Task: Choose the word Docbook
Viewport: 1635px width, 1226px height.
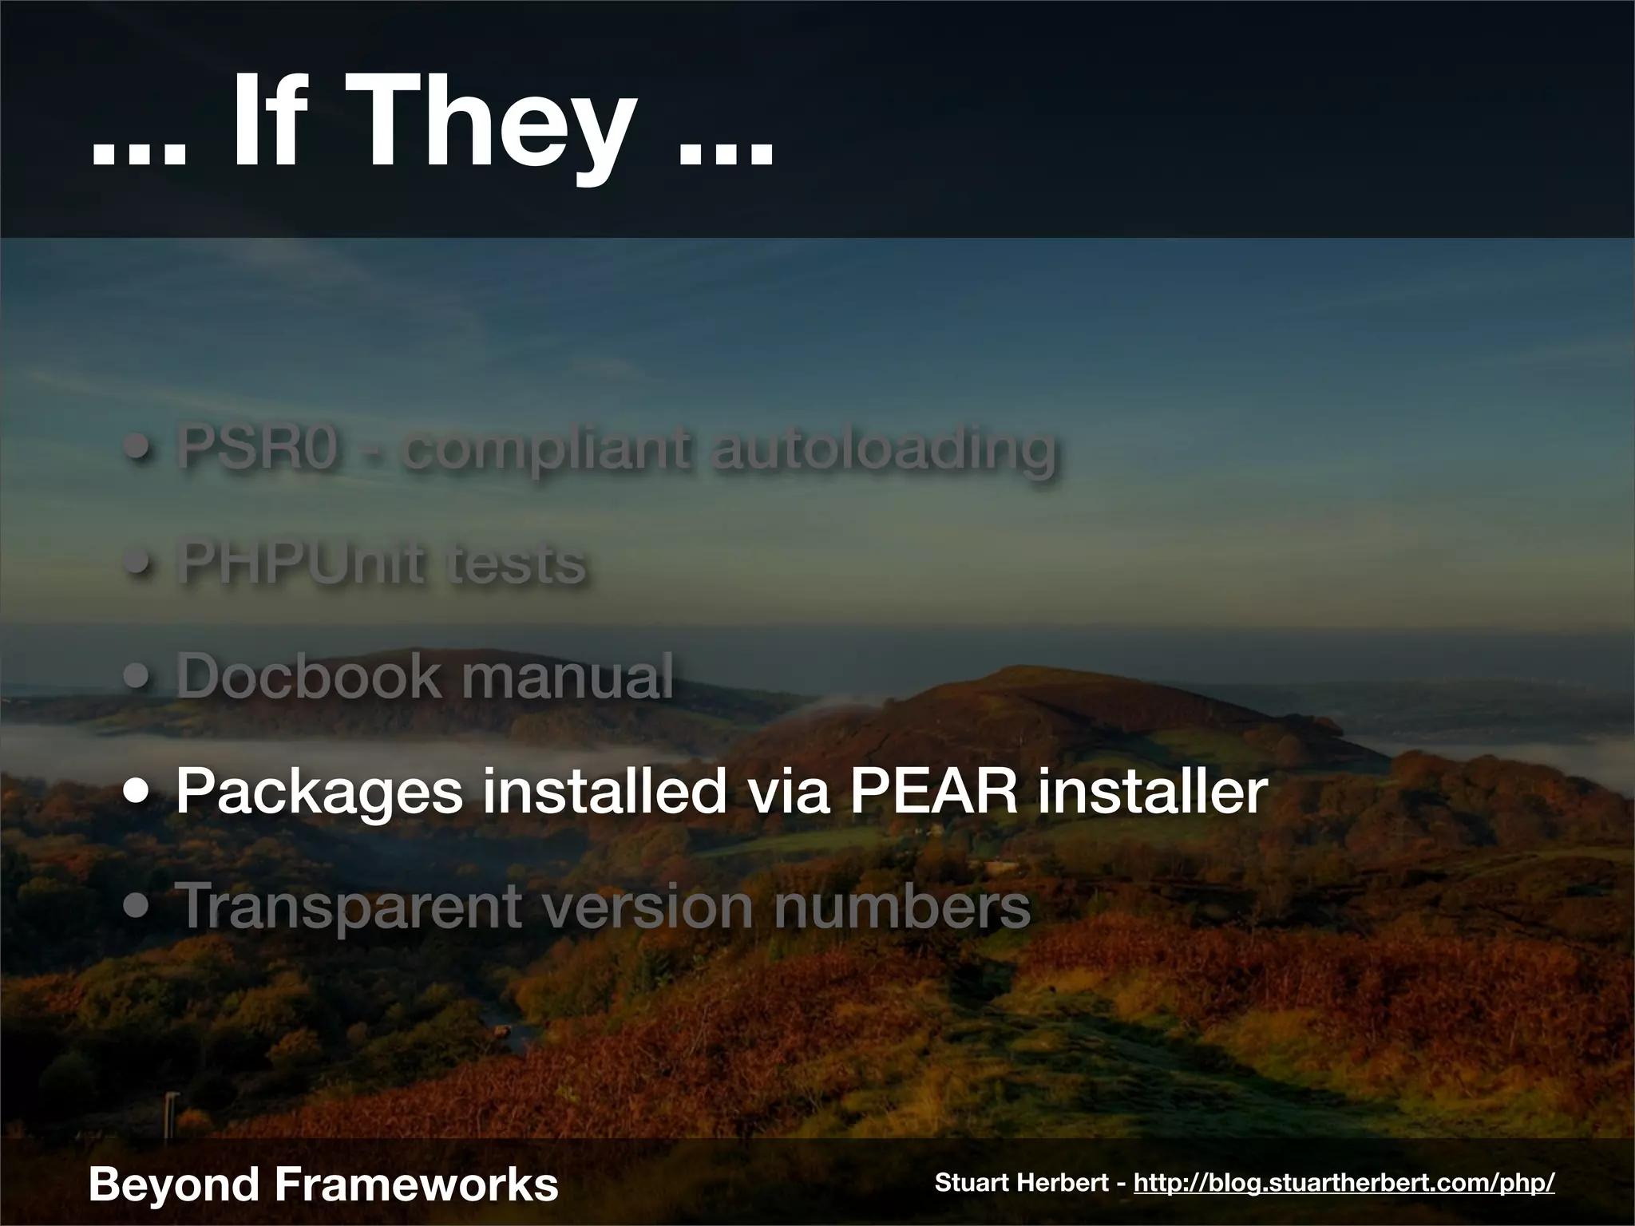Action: click(x=307, y=676)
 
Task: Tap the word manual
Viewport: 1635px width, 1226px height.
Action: click(x=567, y=676)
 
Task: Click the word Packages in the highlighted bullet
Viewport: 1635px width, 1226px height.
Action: click(x=319, y=793)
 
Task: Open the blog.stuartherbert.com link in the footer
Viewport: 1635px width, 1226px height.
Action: click(x=1344, y=1182)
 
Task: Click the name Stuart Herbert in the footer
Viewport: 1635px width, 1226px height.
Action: click(x=1023, y=1182)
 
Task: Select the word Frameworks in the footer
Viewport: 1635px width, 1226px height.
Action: click(x=415, y=1183)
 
